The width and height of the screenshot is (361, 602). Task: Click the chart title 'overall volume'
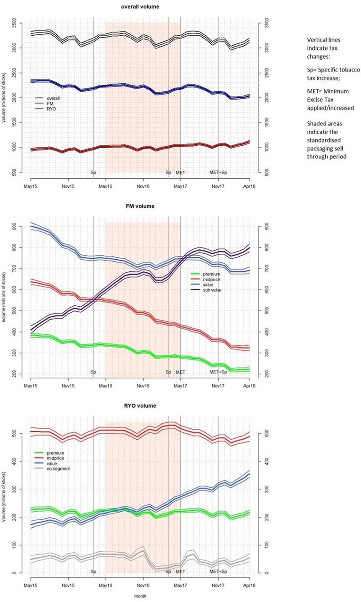[140, 7]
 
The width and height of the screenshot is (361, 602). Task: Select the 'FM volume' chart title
[140, 206]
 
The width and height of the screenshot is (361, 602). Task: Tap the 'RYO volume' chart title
[140, 405]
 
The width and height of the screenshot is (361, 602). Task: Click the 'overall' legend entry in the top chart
[53, 98]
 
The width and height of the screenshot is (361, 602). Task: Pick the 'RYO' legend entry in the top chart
[51, 109]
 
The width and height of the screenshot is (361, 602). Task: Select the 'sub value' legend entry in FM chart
[212, 290]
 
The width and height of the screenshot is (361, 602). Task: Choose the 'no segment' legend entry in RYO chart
[58, 469]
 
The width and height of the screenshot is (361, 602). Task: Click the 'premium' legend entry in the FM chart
[211, 274]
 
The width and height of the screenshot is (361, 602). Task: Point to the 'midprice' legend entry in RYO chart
[56, 458]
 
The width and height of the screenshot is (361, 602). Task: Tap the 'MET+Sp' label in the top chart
[218, 173]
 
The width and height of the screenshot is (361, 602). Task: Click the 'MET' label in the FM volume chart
[181, 372]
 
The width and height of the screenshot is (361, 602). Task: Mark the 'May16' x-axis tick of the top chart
[105, 186]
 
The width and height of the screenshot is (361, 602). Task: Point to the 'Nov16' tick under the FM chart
[143, 386]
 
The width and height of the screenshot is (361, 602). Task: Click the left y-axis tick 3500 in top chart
[14, 24]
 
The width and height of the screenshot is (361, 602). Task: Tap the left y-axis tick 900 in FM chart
[14, 226]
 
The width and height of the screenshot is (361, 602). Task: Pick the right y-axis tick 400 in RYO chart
[266, 461]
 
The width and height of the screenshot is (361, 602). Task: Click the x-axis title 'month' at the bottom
[140, 596]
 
